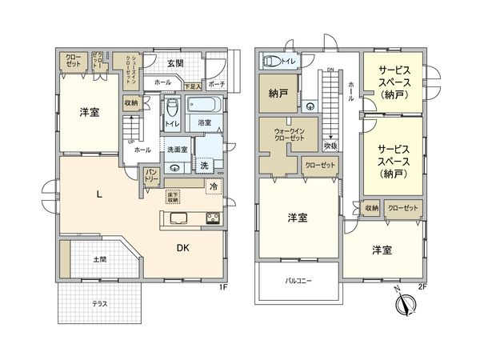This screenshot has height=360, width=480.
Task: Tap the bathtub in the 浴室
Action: (205, 106)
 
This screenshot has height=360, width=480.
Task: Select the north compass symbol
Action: (406, 304)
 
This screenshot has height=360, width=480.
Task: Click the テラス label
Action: (99, 304)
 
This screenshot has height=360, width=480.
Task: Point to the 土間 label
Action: (100, 259)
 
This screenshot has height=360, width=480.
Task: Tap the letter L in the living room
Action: (98, 194)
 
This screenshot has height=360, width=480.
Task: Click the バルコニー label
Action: (298, 281)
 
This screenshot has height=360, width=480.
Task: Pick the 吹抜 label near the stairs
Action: (330, 146)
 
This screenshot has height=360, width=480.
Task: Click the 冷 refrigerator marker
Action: (214, 186)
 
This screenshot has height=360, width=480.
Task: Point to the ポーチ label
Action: (216, 83)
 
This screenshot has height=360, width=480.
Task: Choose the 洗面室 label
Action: (177, 150)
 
